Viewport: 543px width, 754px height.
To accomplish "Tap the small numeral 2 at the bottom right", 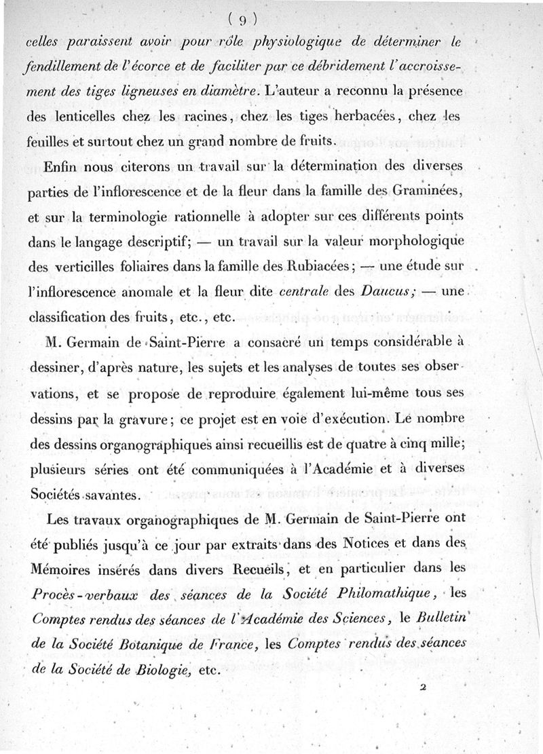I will tap(422, 687).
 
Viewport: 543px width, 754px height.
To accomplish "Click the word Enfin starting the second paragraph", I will tap(59, 166).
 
